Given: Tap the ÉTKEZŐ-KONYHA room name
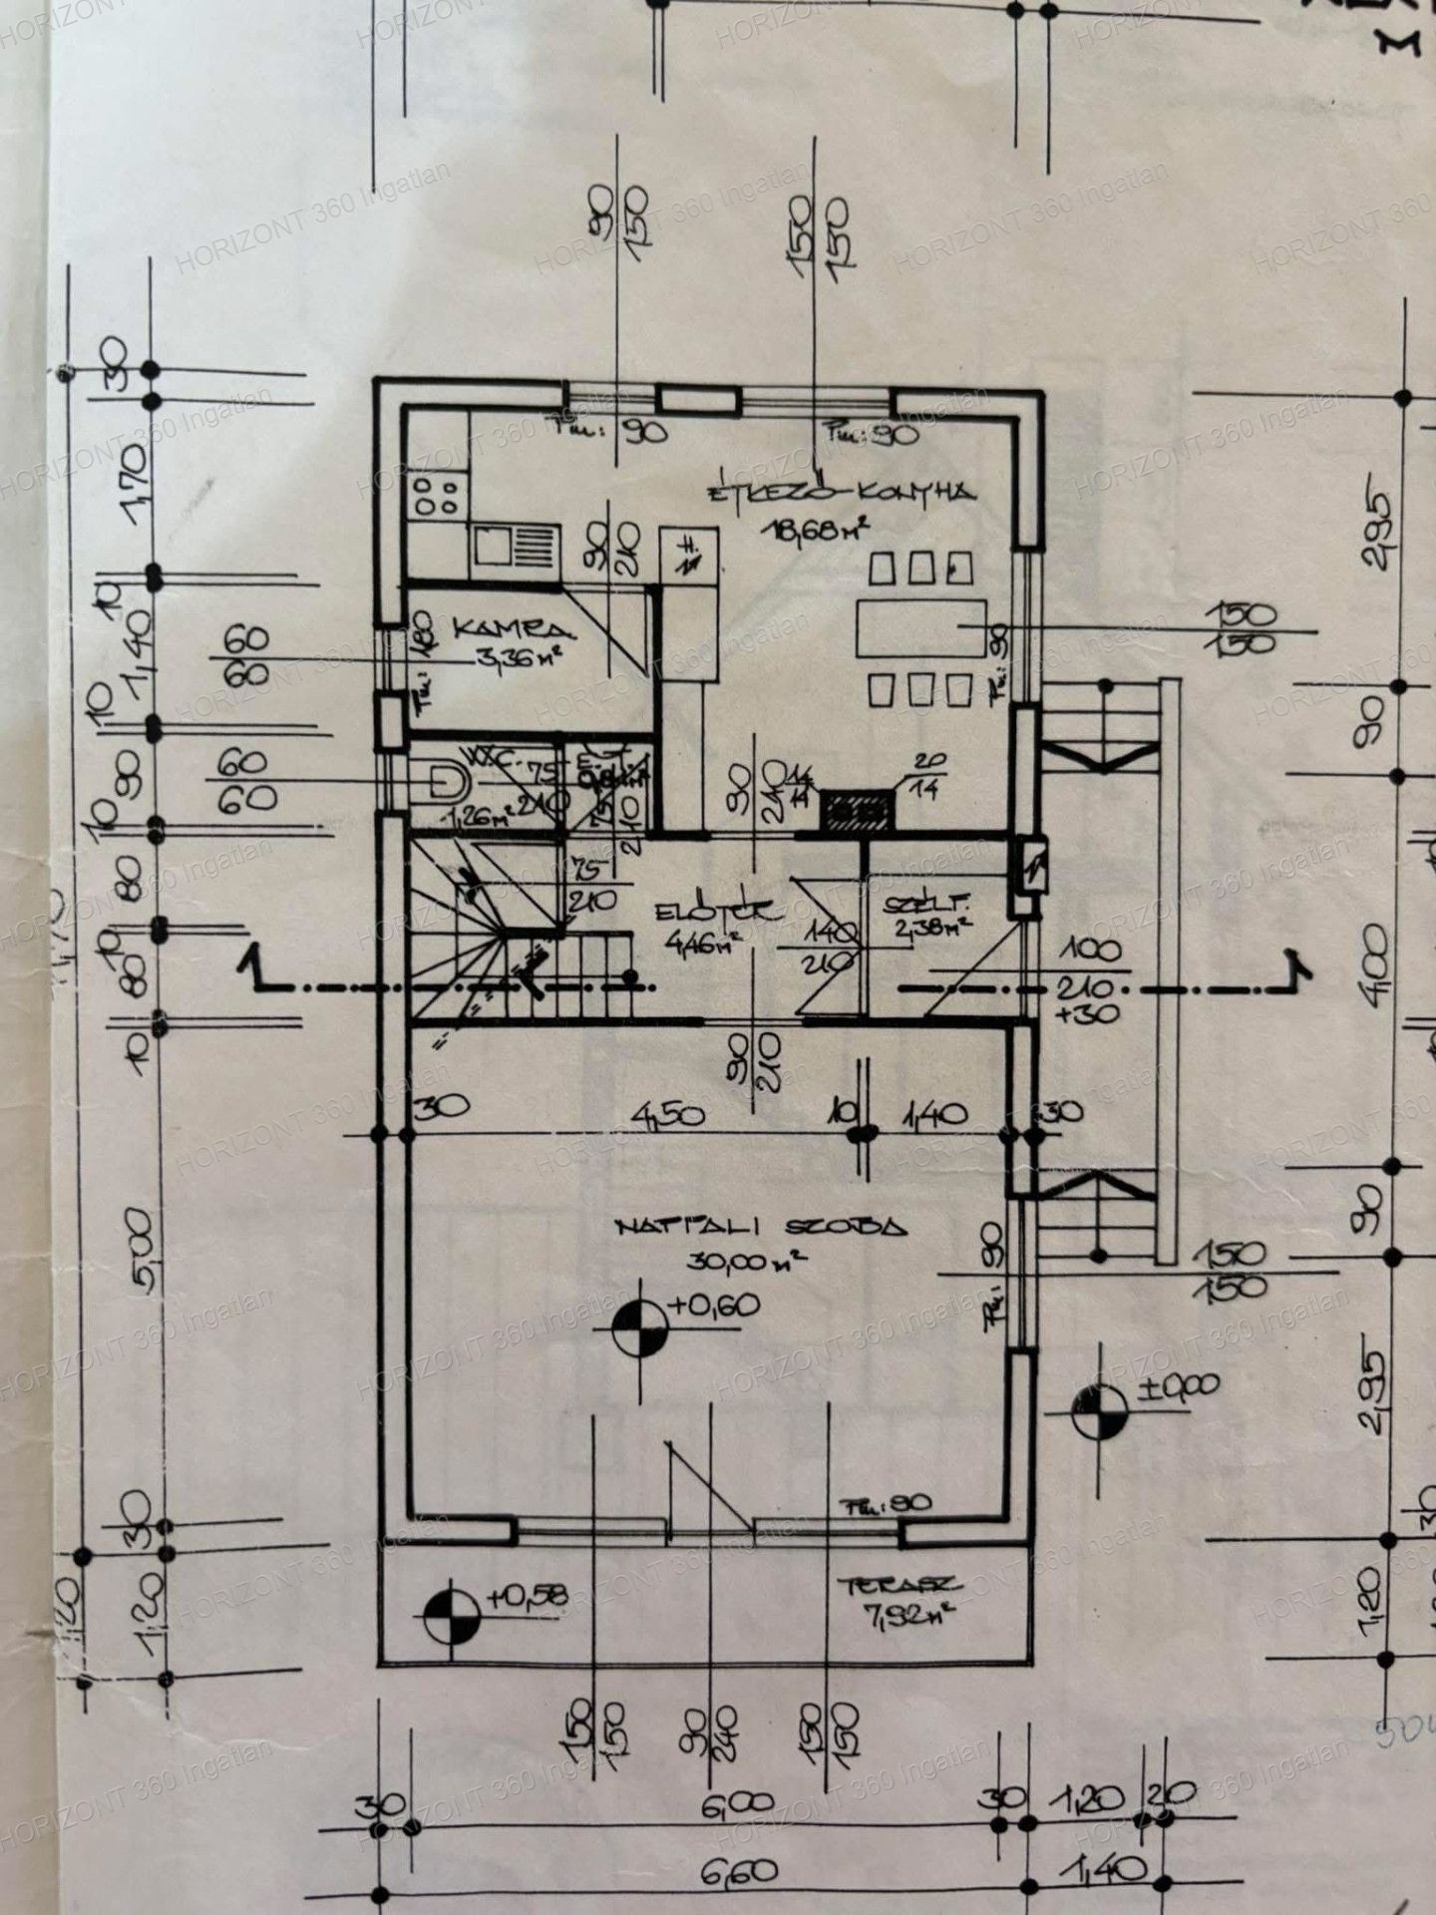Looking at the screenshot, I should [840, 493].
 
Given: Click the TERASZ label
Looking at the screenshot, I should [898, 1585].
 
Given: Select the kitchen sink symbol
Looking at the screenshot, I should [513, 547].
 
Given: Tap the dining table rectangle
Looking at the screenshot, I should [920, 629].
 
